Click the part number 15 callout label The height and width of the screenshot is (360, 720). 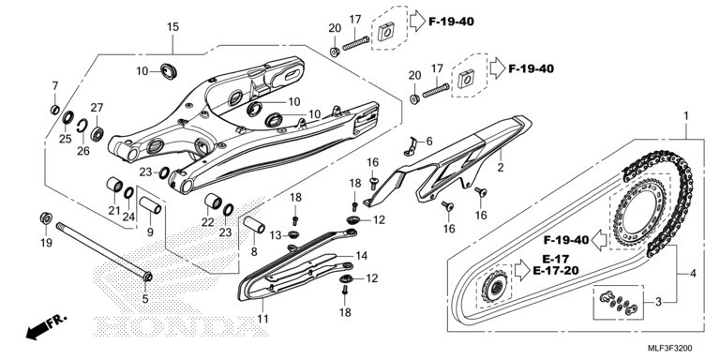pyautogui.click(x=172, y=27)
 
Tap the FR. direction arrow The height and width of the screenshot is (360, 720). pyautogui.click(x=46, y=326)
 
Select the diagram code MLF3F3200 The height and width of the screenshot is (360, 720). pyautogui.click(x=670, y=348)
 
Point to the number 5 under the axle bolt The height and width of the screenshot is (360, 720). pyautogui.click(x=145, y=299)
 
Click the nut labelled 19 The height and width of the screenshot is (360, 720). pyautogui.click(x=45, y=218)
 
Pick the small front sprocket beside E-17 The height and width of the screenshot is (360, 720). pyautogui.click(x=495, y=289)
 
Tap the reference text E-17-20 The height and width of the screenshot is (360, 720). pyautogui.click(x=556, y=270)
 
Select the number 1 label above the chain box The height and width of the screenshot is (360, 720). pyautogui.click(x=686, y=116)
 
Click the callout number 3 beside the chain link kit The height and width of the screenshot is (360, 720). pyautogui.click(x=658, y=302)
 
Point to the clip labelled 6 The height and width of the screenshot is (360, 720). pyautogui.click(x=411, y=146)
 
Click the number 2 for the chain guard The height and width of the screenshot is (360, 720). pyautogui.click(x=500, y=168)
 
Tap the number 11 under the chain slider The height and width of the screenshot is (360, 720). pyautogui.click(x=262, y=318)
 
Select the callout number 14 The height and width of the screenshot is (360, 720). pyautogui.click(x=361, y=256)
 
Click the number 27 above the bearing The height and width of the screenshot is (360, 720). pyautogui.click(x=97, y=108)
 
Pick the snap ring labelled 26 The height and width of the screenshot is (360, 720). pyautogui.click(x=82, y=126)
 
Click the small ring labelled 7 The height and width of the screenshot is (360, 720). pyautogui.click(x=54, y=110)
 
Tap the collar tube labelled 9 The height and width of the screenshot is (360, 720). pyautogui.click(x=151, y=205)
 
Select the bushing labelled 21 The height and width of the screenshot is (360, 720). pyautogui.click(x=114, y=185)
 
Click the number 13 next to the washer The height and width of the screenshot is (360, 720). pyautogui.click(x=276, y=235)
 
